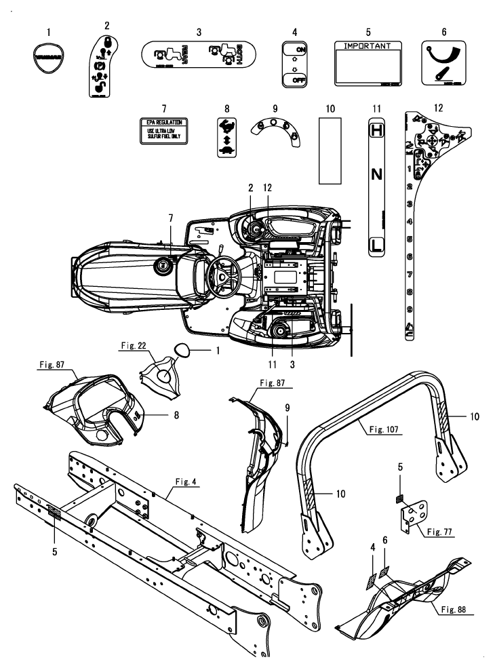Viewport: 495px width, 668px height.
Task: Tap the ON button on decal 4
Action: point(295,50)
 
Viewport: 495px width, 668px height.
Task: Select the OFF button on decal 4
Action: point(295,79)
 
